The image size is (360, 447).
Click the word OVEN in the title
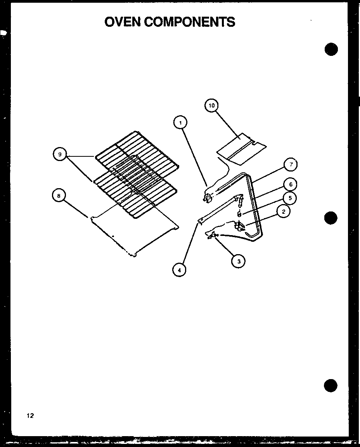(x=123, y=22)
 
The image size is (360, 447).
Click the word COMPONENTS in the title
(x=190, y=22)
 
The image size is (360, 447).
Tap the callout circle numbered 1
(x=180, y=123)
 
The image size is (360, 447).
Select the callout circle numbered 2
(x=284, y=211)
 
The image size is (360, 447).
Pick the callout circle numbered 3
(x=239, y=262)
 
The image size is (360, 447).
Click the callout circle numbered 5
(x=289, y=198)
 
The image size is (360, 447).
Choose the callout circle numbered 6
(x=290, y=185)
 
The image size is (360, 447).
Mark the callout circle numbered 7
(x=291, y=165)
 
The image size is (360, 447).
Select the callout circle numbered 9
(x=60, y=154)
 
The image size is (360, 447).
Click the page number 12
(x=30, y=416)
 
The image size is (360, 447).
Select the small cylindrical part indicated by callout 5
(x=239, y=214)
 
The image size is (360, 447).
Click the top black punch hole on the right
(x=331, y=49)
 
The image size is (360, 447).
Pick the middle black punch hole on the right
(x=331, y=218)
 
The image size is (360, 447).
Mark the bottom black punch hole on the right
(x=331, y=386)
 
